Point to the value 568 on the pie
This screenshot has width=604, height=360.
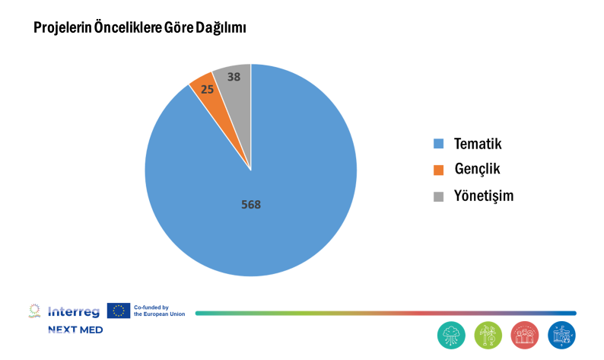point(251,204)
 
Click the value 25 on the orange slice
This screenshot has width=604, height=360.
point(206,89)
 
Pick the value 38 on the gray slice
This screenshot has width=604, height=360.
point(234,76)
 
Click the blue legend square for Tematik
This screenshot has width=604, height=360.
point(438,143)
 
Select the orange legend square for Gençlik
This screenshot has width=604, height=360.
point(438,169)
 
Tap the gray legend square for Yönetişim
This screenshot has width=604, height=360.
point(438,196)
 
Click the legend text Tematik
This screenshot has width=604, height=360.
point(477,143)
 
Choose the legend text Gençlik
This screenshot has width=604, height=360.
point(477,169)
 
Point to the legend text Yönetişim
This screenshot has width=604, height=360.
point(483,196)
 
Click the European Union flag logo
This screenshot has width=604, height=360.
point(119,311)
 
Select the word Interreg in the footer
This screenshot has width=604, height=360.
point(73,311)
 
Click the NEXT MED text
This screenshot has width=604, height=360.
point(75,330)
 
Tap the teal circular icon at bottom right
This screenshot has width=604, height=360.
point(451,335)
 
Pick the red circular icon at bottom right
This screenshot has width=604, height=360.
point(525,335)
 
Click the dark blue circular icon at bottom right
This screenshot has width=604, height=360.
point(561,335)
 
